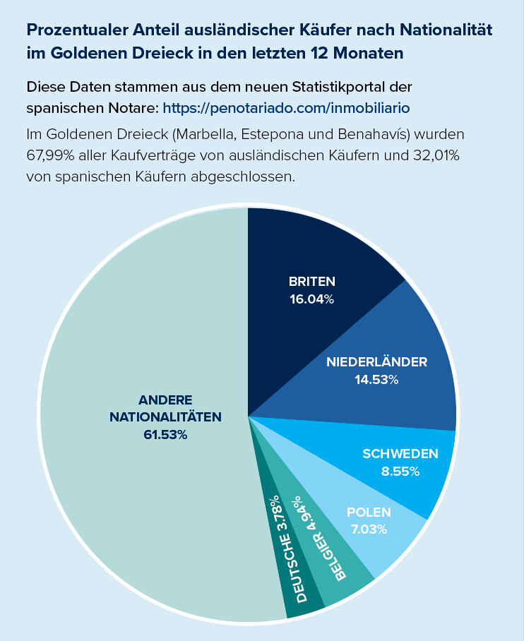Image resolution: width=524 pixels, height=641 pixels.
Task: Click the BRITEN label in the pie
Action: coord(311,281)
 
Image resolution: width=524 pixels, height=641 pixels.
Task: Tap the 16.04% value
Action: coord(311,299)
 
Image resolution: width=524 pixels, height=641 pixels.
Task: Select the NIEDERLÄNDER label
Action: coord(376,362)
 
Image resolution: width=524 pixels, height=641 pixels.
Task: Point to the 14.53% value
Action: coord(376,380)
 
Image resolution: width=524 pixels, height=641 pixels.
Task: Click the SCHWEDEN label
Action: coord(400,453)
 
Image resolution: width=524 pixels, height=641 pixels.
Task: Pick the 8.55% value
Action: coord(400,471)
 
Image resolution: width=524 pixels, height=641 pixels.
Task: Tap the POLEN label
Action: coord(369,512)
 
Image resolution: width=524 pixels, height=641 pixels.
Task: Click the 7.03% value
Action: coord(369,529)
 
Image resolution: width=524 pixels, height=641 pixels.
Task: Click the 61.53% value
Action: coord(165,435)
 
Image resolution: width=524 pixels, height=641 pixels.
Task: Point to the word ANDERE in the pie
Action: coord(165,400)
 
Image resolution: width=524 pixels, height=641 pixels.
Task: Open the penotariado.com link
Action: coord(287,109)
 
